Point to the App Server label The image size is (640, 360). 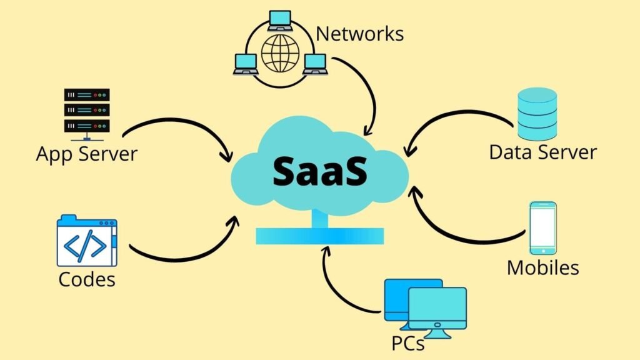click(86, 153)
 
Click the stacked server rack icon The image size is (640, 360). click(87, 111)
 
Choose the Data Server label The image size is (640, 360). click(542, 152)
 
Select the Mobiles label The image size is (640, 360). click(542, 267)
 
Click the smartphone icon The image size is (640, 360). click(542, 227)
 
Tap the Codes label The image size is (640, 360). click(87, 279)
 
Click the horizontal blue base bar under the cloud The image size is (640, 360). click(319, 236)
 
